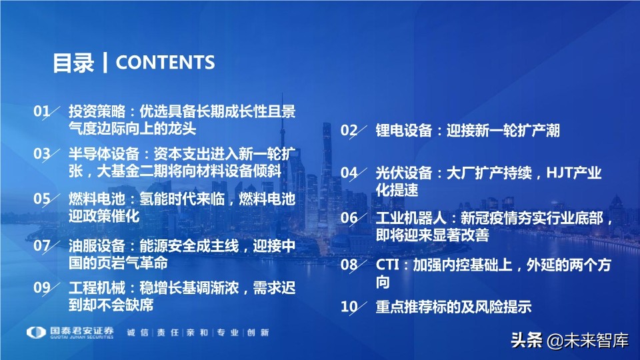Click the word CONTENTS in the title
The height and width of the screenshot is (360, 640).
pos(165,63)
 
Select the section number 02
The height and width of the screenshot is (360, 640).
pos(349,130)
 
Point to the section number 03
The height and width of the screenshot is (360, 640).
pos(42,154)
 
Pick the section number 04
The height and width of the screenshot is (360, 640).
pos(349,173)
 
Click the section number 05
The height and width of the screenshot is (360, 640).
pos(42,199)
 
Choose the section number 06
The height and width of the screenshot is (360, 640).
pos(349,218)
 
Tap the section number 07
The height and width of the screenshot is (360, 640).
pos(42,245)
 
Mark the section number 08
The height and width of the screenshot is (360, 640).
pos(349,265)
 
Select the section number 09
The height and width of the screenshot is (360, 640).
pos(42,288)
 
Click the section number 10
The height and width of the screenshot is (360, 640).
pos(349,307)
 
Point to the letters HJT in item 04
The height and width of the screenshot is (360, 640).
pos(559,173)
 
